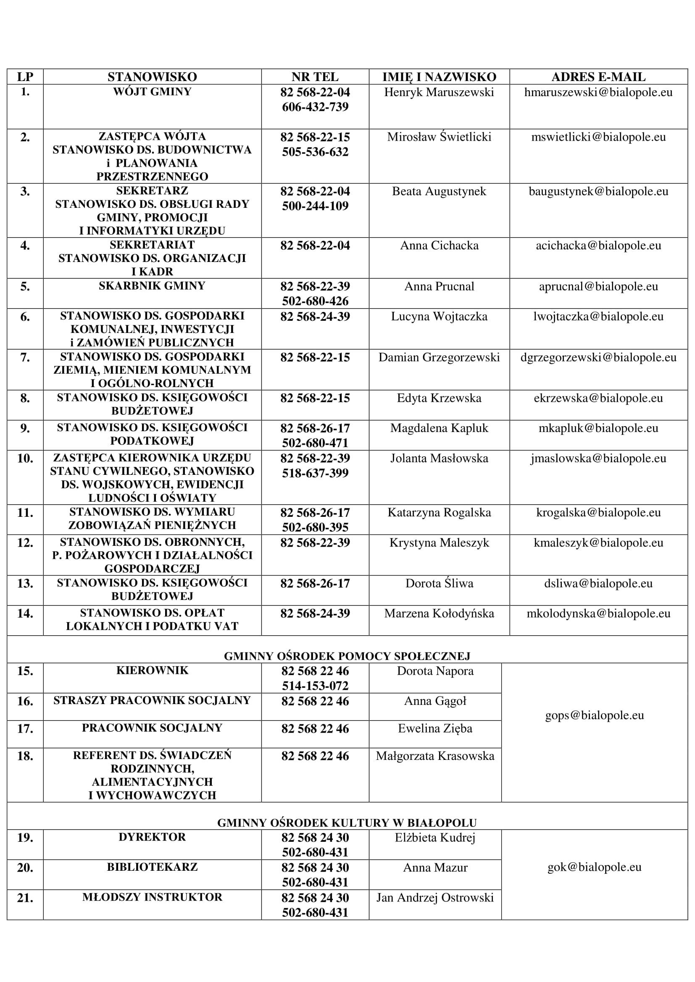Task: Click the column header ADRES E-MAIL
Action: (598, 77)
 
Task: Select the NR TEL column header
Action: (315, 77)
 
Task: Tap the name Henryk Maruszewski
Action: (439, 92)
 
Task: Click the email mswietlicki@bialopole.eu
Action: (598, 137)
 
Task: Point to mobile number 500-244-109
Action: (315, 206)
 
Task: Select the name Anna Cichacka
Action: (439, 246)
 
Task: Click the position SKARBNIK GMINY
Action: (152, 286)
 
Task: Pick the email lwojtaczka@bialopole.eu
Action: (598, 317)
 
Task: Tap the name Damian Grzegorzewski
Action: (439, 358)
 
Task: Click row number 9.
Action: (25, 428)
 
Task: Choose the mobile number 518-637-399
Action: (315, 473)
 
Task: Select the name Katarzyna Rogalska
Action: (439, 512)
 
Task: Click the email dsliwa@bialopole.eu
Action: (598, 584)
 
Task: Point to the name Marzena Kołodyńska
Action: (439, 613)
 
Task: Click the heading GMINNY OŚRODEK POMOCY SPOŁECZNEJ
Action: (347, 656)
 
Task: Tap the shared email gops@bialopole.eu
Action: (595, 715)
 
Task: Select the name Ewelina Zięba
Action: (435, 728)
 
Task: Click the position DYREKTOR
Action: (152, 837)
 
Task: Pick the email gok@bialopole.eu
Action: (595, 867)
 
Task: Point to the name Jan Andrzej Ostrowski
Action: (435, 897)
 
